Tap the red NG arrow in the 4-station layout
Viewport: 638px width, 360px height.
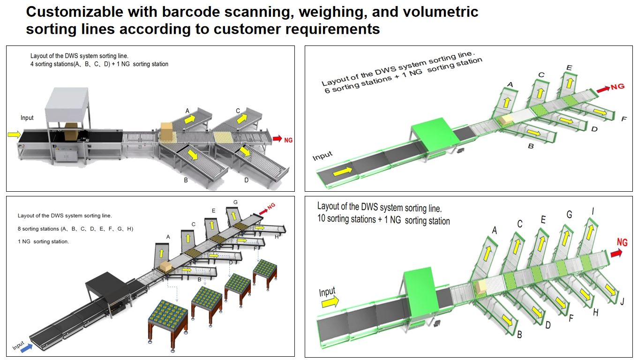(x=277, y=139)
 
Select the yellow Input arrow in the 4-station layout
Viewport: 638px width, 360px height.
(x=14, y=135)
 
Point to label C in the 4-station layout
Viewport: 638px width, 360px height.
(x=238, y=111)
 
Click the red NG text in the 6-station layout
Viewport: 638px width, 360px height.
(x=618, y=87)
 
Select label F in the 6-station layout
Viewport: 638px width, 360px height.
(x=623, y=119)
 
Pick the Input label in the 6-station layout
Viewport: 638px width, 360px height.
(x=323, y=155)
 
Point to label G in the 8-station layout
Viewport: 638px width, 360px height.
(x=235, y=202)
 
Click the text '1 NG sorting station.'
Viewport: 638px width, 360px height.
(x=43, y=242)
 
